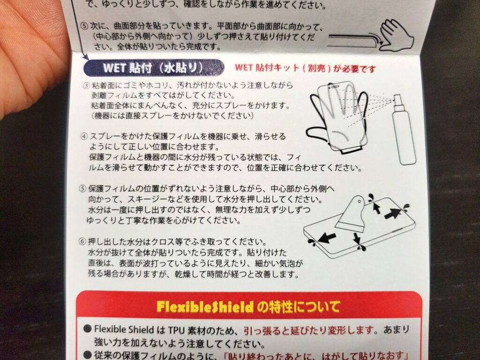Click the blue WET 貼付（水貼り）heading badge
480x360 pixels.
click(154, 67)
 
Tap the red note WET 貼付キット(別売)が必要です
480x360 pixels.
click(305, 68)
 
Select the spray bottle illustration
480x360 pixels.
click(404, 130)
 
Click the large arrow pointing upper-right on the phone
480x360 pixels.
click(393, 213)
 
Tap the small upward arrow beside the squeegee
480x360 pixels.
click(376, 208)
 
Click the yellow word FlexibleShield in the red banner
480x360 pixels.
click(205, 307)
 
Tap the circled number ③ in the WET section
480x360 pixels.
click(86, 85)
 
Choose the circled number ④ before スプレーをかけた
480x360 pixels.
click(84, 136)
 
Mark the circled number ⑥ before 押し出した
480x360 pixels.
click(82, 241)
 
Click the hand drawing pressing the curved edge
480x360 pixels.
click(397, 35)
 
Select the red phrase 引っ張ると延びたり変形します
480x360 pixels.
click(309, 330)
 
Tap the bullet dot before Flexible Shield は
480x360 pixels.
click(88, 329)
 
